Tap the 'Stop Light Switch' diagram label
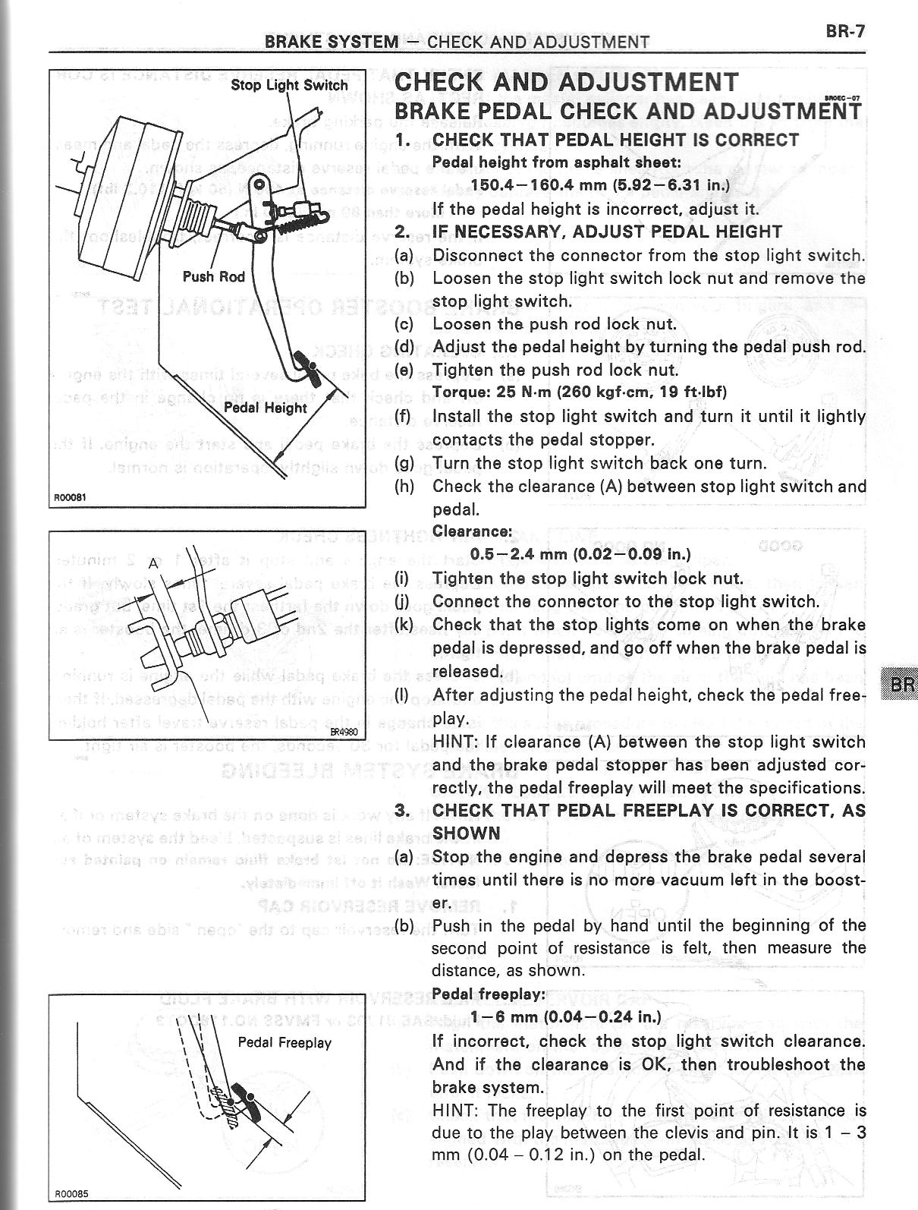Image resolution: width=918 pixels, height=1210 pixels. point(289,85)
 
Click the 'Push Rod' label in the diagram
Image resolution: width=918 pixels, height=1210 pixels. point(213,276)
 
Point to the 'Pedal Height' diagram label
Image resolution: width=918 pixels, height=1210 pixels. point(266,408)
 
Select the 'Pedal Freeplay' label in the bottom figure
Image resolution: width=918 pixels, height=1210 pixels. point(285,1042)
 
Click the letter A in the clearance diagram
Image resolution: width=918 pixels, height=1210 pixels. point(153,563)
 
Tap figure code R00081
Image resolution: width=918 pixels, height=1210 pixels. point(71,498)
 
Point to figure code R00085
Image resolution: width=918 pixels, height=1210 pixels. point(71,1193)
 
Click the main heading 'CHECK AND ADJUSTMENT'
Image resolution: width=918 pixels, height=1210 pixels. point(566,82)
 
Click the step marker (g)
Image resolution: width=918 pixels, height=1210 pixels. point(404,463)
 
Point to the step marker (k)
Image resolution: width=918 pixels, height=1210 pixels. point(404,625)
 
